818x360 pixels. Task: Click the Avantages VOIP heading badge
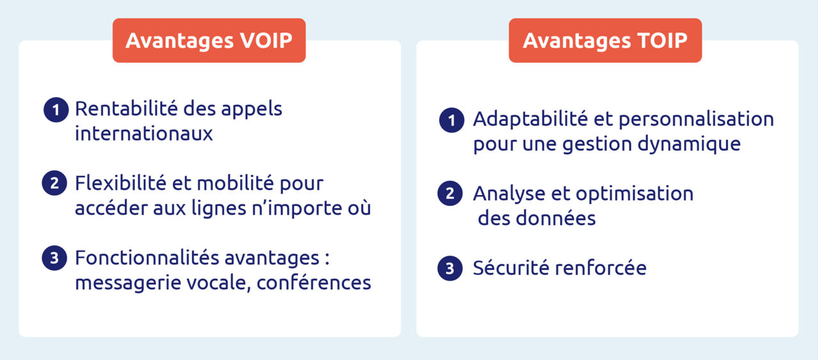point(209,40)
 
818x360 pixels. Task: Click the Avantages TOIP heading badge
point(605,40)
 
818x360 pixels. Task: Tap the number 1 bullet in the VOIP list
point(56,110)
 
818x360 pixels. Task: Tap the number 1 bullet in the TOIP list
point(451,120)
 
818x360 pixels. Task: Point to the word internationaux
point(144,134)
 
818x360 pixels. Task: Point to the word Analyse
point(509,193)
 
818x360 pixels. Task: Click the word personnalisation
point(696,120)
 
